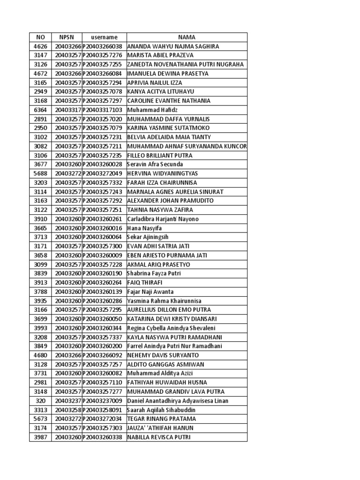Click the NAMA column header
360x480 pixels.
tap(187, 37)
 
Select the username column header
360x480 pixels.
tap(104, 37)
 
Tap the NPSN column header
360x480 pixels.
tap(68, 37)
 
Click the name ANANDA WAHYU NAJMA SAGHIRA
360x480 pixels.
tap(173, 46)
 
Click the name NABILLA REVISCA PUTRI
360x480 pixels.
tap(159, 437)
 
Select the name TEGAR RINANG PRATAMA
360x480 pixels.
tap(162, 419)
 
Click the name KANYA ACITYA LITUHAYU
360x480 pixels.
tap(161, 91)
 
